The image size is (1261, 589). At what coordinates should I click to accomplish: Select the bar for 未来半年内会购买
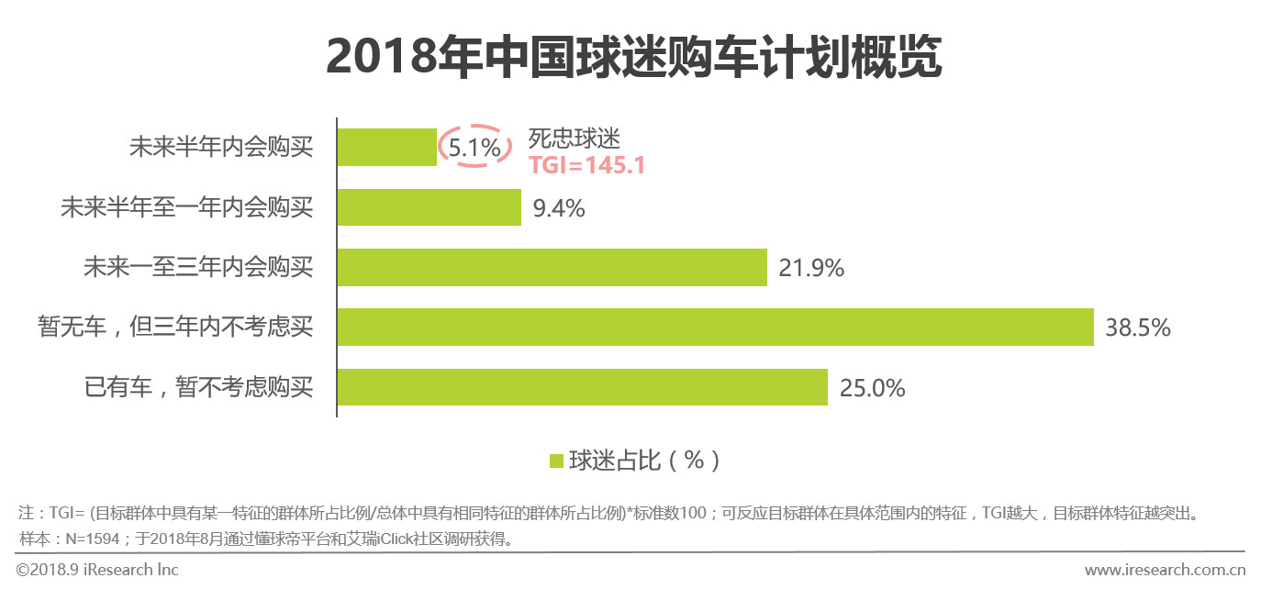coord(386,147)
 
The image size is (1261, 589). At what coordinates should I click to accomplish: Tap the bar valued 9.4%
coord(429,207)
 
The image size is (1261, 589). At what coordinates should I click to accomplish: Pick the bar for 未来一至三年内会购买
coord(552,267)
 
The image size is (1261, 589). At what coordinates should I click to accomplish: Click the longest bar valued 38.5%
coord(715,327)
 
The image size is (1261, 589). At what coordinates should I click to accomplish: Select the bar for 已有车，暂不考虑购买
coord(582,387)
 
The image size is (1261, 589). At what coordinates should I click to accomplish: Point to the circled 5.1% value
coord(474,147)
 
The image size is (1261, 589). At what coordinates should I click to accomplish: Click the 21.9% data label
coord(810,268)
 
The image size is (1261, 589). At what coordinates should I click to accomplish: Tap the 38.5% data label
coord(1138,328)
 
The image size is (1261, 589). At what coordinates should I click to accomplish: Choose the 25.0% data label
coord(872,388)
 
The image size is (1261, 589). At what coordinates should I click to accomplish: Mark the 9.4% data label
coord(558,208)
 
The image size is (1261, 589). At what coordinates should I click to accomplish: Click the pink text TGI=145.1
coord(586,165)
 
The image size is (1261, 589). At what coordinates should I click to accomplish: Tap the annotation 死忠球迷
coord(575,139)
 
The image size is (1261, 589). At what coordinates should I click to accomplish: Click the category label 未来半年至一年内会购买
coord(186,207)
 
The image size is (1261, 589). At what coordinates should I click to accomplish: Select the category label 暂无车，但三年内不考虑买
coord(175,328)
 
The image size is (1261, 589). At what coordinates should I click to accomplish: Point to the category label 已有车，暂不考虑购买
coord(198,388)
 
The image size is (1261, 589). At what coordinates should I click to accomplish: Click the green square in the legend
coord(555,461)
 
